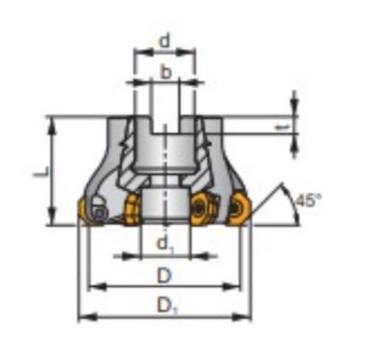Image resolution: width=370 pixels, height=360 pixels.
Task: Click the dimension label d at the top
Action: pyautogui.click(x=165, y=41)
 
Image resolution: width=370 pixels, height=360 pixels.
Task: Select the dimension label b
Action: pyautogui.click(x=166, y=73)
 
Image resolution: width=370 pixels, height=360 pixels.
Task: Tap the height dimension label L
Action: pyautogui.click(x=41, y=171)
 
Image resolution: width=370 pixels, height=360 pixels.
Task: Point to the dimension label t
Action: pyautogui.click(x=283, y=127)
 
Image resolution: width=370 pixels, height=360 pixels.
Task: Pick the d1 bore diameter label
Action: pyautogui.click(x=165, y=244)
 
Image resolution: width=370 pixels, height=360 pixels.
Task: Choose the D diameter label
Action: pyautogui.click(x=165, y=275)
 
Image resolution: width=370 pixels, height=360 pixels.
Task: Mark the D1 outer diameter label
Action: pyautogui.click(x=167, y=305)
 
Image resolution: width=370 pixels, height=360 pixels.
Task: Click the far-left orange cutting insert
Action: pyautogui.click(x=83, y=210)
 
